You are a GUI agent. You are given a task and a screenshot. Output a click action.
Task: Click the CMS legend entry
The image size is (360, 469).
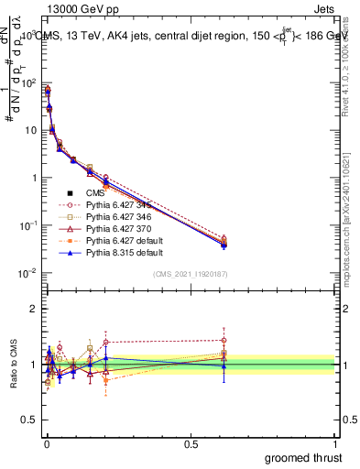[96, 193]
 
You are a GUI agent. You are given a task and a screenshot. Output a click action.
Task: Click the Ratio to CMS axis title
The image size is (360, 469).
[12, 365]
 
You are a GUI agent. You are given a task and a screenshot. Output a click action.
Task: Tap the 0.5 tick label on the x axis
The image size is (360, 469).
[191, 442]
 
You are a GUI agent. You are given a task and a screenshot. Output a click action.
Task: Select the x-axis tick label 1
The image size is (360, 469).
[336, 442]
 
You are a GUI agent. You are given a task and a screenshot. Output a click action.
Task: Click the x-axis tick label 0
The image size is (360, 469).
[46, 442]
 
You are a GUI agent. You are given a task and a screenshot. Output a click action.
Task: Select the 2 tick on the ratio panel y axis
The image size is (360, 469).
[36, 309]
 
